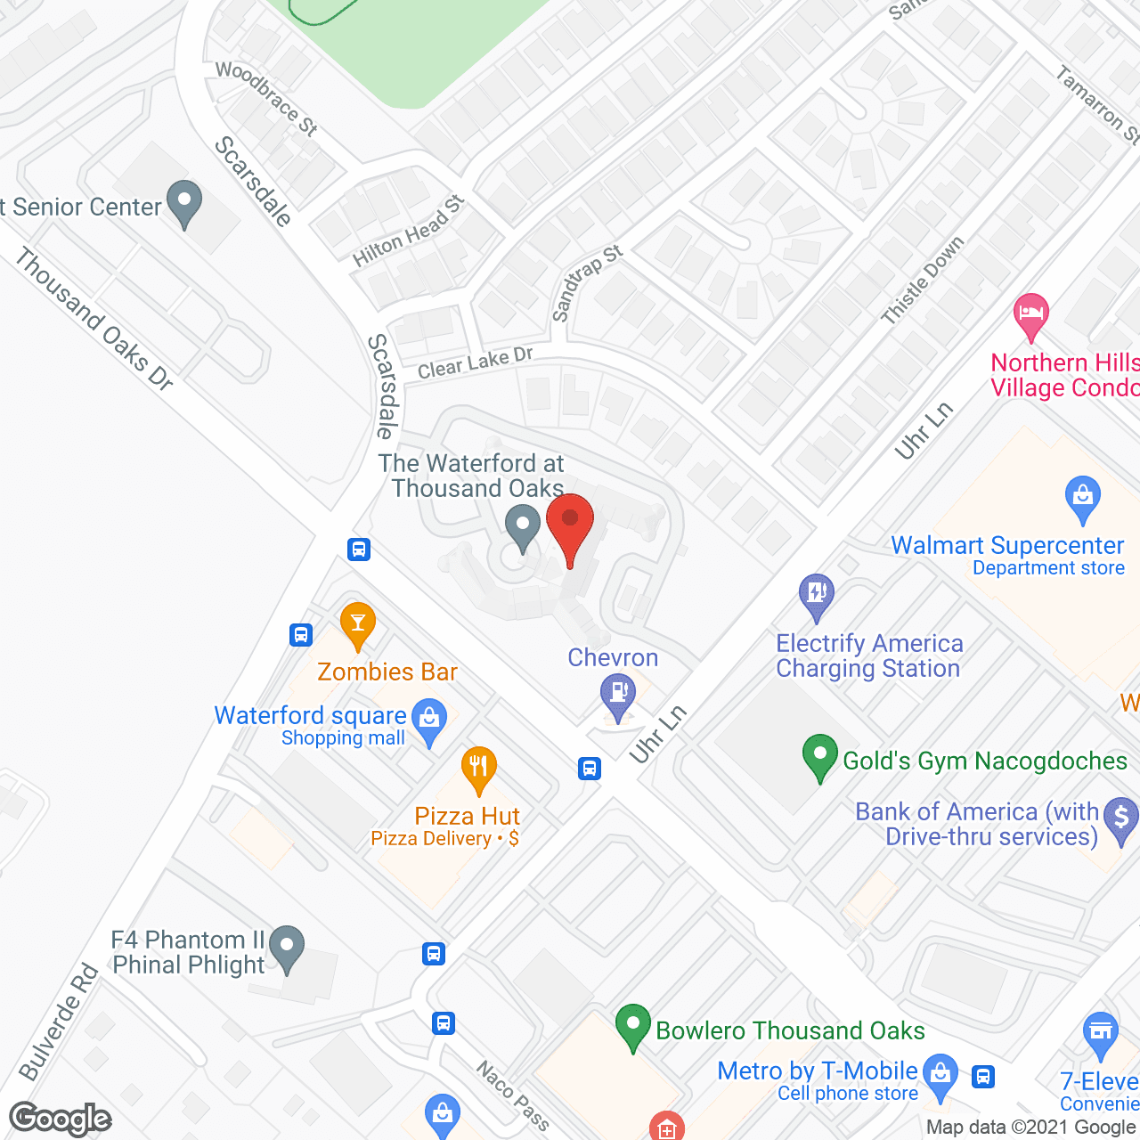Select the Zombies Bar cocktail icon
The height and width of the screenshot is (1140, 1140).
(358, 623)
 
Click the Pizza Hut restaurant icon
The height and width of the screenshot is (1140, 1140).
(479, 767)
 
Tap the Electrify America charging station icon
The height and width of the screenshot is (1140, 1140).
(816, 593)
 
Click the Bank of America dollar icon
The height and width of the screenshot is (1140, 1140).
(1120, 818)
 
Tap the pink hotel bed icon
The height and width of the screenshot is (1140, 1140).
(1030, 313)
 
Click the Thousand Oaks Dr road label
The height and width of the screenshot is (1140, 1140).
(94, 319)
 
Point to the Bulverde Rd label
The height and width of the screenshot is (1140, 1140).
(59, 1022)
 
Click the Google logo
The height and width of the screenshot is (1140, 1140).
(61, 1119)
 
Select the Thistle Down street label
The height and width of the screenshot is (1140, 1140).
(923, 280)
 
